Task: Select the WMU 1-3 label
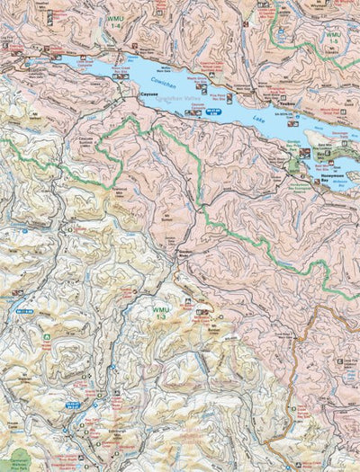[x=161, y=311]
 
